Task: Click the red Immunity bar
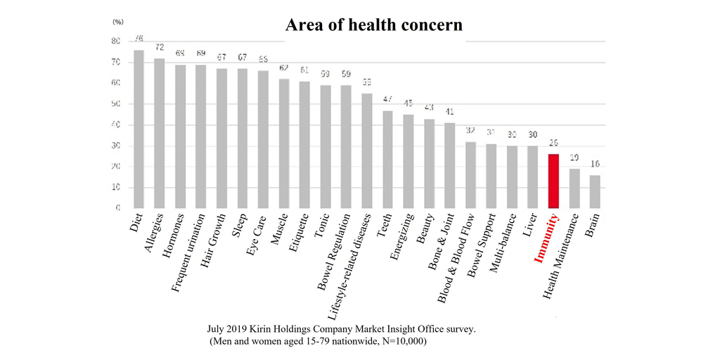(x=554, y=181)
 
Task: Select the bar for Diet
(x=139, y=129)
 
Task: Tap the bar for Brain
(x=595, y=192)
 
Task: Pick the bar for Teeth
(x=387, y=160)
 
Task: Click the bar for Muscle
(x=283, y=143)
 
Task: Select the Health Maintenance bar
(x=574, y=188)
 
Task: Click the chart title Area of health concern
(x=373, y=25)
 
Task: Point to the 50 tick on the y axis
(x=116, y=104)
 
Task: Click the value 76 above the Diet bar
(x=139, y=39)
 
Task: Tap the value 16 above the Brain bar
(x=595, y=164)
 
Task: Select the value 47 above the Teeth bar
(x=387, y=99)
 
